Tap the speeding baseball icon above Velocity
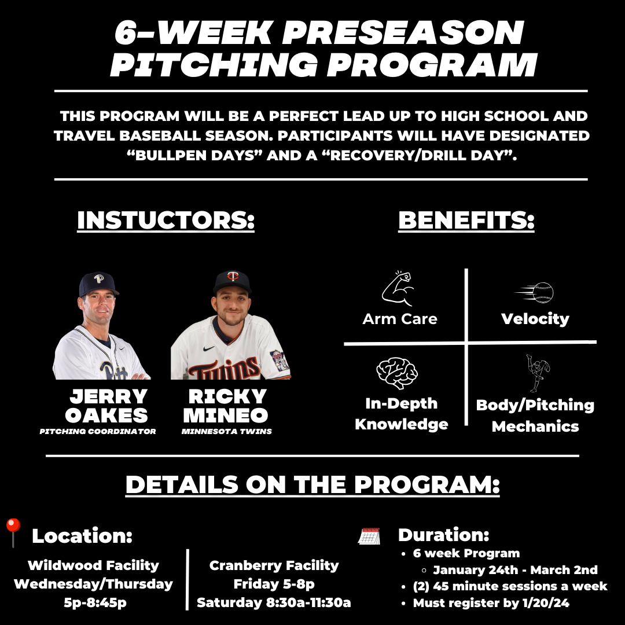[535, 293]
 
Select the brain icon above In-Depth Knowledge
[397, 374]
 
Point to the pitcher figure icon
[538, 373]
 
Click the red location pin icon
[12, 532]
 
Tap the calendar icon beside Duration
[369, 536]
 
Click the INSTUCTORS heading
[166, 220]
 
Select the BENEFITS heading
[466, 220]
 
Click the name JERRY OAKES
[107, 406]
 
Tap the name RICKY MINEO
[227, 406]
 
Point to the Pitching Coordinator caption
[98, 431]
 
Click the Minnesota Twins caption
[226, 431]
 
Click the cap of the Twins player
[232, 281]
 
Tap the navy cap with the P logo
[98, 283]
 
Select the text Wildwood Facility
[93, 565]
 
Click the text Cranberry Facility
[274, 565]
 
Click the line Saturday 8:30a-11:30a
[274, 602]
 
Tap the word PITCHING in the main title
[214, 65]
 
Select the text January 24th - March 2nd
[515, 569]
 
